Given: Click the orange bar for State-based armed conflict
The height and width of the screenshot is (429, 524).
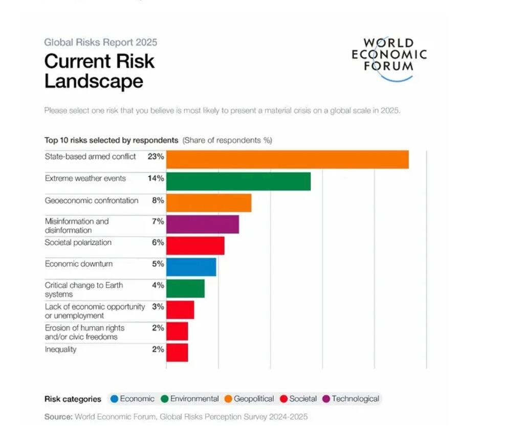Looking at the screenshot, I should tap(287, 160).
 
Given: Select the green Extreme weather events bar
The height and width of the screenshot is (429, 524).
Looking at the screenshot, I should tap(238, 181).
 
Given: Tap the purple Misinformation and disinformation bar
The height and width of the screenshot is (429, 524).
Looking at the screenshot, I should tap(202, 224).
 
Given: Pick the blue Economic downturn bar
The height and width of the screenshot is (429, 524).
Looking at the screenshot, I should tap(191, 267).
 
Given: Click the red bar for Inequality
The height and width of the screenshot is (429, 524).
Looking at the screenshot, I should tap(177, 352).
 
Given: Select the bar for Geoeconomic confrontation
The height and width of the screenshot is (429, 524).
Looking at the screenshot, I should tap(208, 202).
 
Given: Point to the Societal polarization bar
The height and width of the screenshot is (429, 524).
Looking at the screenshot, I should tap(195, 245).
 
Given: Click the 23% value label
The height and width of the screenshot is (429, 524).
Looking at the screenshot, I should tap(156, 157).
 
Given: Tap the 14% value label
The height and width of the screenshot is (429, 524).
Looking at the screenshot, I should tap(156, 178).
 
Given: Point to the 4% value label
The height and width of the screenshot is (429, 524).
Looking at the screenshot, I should tap(158, 285).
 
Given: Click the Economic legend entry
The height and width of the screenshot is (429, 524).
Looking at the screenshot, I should tap(132, 399).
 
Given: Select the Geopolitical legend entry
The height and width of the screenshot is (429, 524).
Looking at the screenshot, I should tap(249, 399).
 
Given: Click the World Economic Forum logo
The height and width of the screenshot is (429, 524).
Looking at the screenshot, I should tap(389, 59).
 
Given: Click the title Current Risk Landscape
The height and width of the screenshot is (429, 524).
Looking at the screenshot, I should tap(99, 71).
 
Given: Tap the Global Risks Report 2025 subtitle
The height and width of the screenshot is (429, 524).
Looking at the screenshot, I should tap(101, 42).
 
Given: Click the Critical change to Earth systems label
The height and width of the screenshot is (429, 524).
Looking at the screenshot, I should tap(84, 289).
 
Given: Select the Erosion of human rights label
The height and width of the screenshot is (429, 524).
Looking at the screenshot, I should tap(84, 332).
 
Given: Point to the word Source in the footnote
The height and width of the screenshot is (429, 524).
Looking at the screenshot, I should tap(58, 417).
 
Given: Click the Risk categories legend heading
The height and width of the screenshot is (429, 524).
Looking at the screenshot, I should tap(73, 399).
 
